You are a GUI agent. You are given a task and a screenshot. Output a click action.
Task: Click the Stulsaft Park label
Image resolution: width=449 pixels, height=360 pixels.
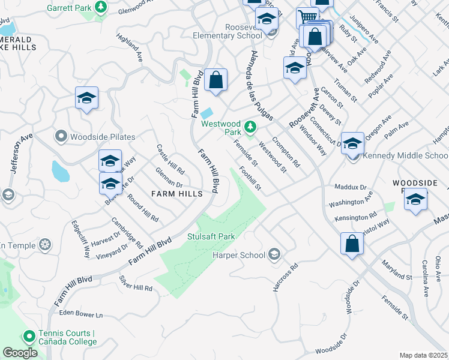(x=211, y=236)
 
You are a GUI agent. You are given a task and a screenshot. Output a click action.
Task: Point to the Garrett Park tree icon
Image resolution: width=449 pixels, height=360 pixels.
(x=101, y=7)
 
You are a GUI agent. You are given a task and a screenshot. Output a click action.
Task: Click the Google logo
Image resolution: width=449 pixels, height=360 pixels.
(x=20, y=353)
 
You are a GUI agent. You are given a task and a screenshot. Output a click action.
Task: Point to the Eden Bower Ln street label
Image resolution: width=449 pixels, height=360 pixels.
(x=81, y=314)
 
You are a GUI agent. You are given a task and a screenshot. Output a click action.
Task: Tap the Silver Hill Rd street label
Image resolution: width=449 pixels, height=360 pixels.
(x=136, y=284)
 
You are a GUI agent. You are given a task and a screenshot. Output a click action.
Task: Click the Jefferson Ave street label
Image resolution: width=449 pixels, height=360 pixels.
(x=19, y=154)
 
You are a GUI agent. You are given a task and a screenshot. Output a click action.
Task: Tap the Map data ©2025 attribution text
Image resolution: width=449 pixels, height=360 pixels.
(x=424, y=355)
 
